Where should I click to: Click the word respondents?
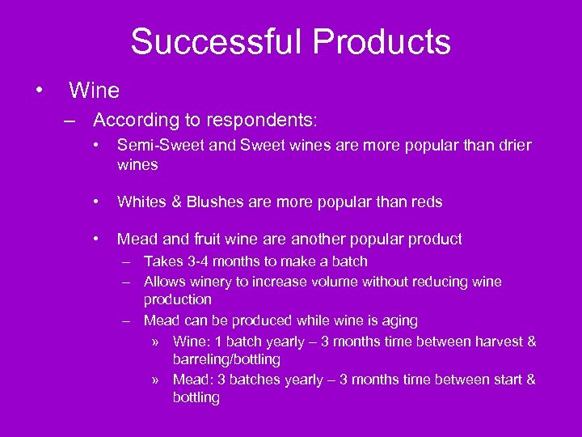[x=262, y=121]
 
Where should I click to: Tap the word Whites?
[x=140, y=202]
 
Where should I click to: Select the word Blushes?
[x=213, y=202]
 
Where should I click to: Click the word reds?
[x=425, y=202]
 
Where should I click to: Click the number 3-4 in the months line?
[x=197, y=261]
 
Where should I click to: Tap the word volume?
[x=341, y=282]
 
